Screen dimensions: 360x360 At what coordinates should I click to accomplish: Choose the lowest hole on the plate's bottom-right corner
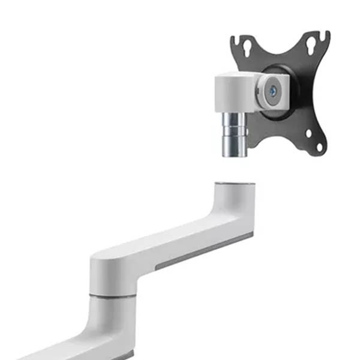(319, 146)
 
